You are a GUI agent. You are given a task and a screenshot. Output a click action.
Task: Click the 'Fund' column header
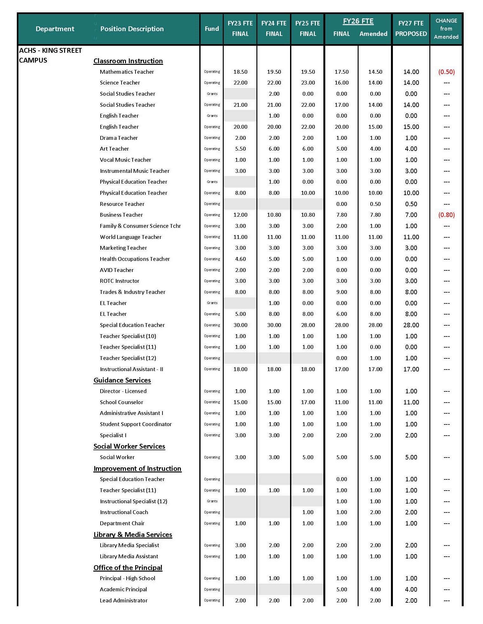click(212, 29)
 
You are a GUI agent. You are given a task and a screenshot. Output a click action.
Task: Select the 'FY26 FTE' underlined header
click(358, 21)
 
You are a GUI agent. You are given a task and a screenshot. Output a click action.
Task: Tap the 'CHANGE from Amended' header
click(446, 29)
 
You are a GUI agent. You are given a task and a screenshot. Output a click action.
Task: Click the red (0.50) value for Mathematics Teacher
click(446, 72)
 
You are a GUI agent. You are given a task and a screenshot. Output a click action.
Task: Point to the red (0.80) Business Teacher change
click(446, 215)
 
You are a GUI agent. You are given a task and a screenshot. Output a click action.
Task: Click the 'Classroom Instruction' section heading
click(128, 61)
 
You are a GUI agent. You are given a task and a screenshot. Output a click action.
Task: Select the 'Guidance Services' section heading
click(122, 380)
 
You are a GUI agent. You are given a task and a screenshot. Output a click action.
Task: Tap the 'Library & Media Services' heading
click(133, 534)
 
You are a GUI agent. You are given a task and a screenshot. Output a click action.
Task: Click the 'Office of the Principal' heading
click(128, 567)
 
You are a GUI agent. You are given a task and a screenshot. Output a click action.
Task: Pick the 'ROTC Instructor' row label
click(119, 281)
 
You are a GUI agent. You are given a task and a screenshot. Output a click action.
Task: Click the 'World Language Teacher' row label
click(130, 237)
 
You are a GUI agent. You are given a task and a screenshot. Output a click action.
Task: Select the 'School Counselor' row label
click(121, 402)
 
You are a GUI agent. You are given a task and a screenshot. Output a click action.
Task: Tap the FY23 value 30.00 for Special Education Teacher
click(240, 325)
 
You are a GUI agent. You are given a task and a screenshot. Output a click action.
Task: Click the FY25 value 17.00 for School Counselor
click(308, 402)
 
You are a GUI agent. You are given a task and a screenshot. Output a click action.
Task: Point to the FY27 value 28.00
click(411, 325)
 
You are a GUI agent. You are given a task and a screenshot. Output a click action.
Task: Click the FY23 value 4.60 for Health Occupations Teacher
click(240, 259)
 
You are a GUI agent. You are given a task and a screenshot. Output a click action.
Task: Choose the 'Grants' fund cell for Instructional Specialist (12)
click(212, 501)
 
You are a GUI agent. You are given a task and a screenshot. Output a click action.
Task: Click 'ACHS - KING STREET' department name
click(50, 51)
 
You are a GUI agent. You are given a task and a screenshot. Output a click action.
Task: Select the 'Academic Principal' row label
click(123, 589)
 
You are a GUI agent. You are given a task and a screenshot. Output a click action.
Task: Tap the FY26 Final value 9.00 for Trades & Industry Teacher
click(341, 292)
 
